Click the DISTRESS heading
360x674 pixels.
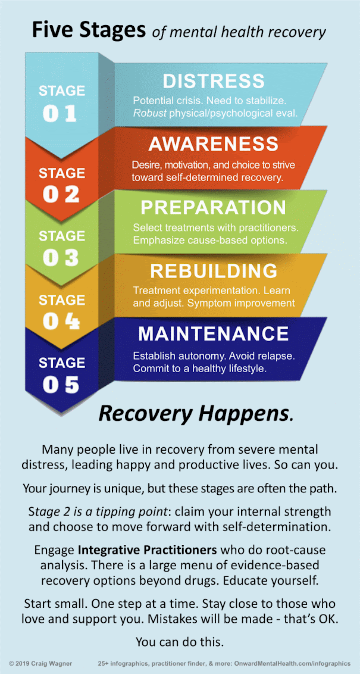point(213,81)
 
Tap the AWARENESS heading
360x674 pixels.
point(213,144)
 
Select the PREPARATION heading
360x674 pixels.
point(213,207)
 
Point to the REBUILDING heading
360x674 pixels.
point(213,271)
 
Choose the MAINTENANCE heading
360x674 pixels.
point(213,333)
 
